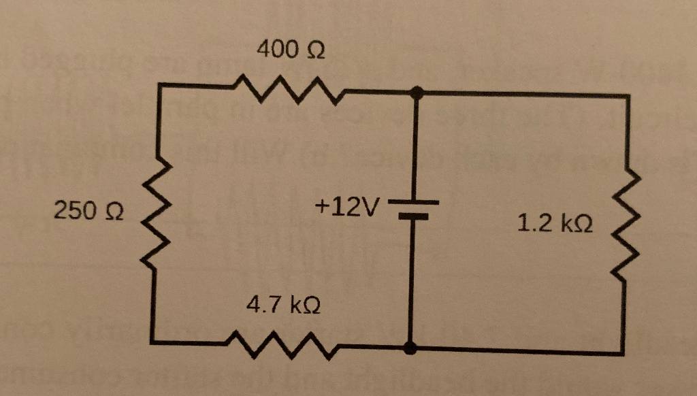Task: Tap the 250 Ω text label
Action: tap(88, 211)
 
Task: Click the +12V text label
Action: tap(346, 204)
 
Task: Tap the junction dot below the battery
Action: tap(410, 349)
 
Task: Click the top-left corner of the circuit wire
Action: tap(158, 85)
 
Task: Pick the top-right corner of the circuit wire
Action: tap(628, 97)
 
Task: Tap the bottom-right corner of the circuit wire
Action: tap(623, 352)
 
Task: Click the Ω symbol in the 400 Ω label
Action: tap(316, 50)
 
